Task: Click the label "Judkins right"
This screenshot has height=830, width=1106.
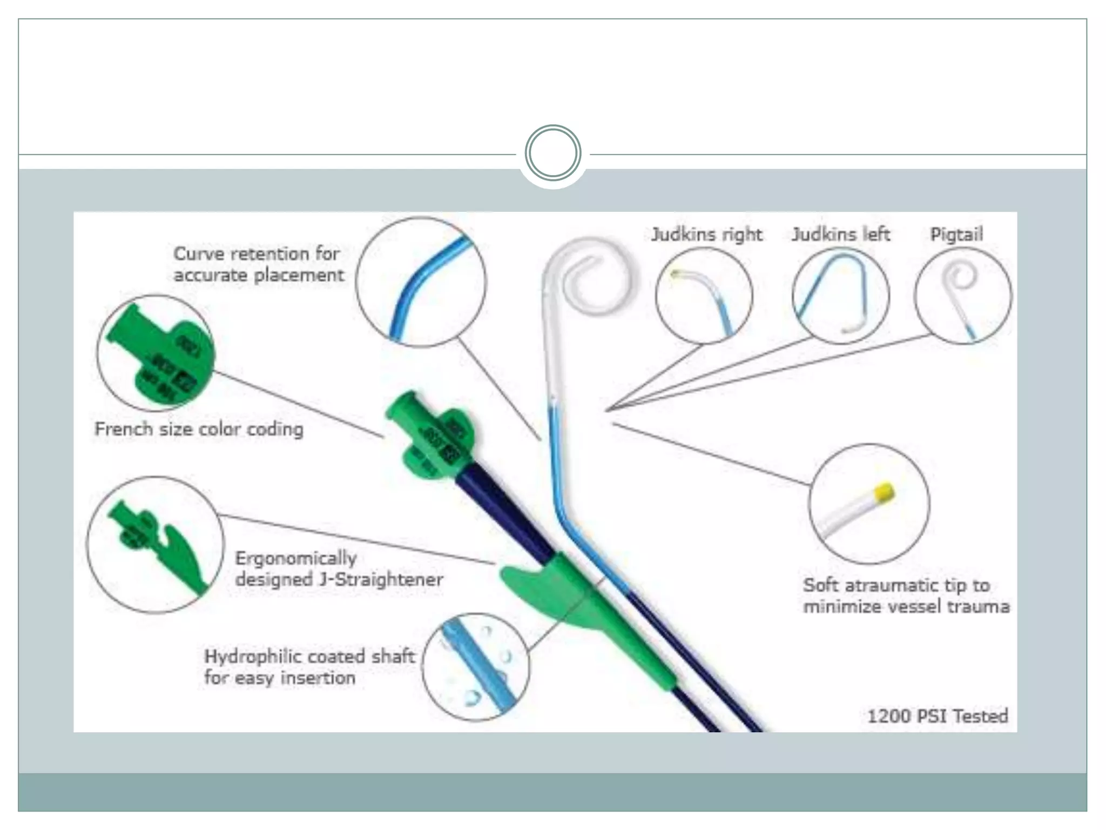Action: [706, 235]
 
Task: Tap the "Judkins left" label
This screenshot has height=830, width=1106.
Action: [841, 235]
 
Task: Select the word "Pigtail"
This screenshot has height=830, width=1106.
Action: [956, 235]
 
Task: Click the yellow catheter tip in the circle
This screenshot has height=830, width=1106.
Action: [885, 492]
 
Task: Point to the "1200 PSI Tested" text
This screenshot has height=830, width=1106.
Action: [937, 716]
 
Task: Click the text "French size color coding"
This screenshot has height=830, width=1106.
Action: [199, 430]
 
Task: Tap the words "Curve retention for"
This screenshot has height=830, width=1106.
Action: [257, 253]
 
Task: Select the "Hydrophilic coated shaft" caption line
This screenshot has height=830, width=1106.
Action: [309, 657]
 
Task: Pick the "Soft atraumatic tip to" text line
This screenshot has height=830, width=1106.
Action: [896, 585]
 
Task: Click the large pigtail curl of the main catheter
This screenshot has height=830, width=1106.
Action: [594, 281]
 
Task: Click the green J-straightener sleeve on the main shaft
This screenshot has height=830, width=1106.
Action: [589, 611]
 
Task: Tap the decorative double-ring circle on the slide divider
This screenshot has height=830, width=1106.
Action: [552, 153]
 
